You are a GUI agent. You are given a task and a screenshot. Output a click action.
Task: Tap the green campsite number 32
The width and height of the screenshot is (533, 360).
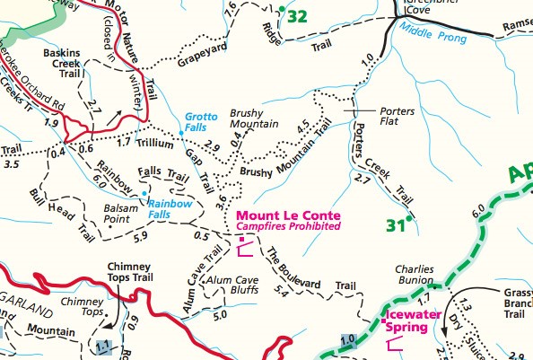(299, 16)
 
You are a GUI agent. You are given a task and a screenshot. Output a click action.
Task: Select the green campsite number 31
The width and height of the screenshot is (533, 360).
(392, 225)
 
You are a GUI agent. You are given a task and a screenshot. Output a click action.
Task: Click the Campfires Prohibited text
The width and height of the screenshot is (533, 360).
(287, 228)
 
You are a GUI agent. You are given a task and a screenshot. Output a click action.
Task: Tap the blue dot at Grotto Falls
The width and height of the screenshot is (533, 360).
(181, 133)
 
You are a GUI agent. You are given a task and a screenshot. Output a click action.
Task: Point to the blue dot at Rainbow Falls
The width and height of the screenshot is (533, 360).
(144, 193)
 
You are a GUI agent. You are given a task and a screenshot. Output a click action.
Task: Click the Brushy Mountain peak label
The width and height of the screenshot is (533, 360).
(254, 118)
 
